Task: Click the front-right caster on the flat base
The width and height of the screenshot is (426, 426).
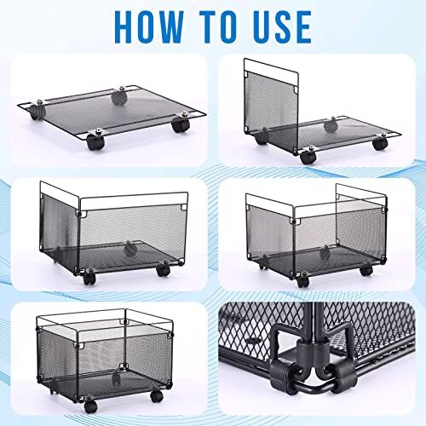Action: pos(180,124)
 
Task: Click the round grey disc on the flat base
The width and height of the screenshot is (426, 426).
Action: pos(118,95)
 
